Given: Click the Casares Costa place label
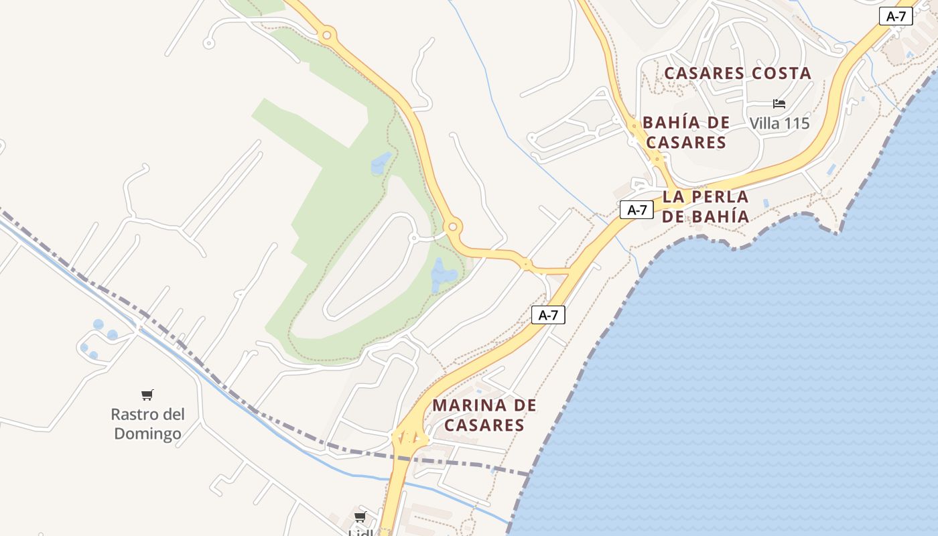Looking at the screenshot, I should pos(738,73).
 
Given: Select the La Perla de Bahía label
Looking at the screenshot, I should pos(706,206).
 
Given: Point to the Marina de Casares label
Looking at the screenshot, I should pos(484,415).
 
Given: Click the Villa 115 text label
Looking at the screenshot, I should pos(779,123).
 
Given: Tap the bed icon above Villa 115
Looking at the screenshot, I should pos(779,104).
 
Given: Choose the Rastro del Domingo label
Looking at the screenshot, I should pos(147,423).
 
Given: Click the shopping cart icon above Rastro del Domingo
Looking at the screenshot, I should pos(147,395).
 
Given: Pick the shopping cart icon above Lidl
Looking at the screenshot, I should pos(360,517).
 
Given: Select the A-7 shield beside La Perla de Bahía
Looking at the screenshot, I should pos(636,210).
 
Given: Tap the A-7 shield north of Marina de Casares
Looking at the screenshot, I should pos(548,315).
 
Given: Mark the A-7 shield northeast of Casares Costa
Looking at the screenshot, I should pos(896,17).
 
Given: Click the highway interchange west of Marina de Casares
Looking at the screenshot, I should pos(409,439).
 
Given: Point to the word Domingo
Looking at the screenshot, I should pos(147,433).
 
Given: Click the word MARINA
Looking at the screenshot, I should pos(469,405).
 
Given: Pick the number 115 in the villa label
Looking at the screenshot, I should pos(795,123).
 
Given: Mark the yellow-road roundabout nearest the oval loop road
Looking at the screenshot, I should pos(452,226).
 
